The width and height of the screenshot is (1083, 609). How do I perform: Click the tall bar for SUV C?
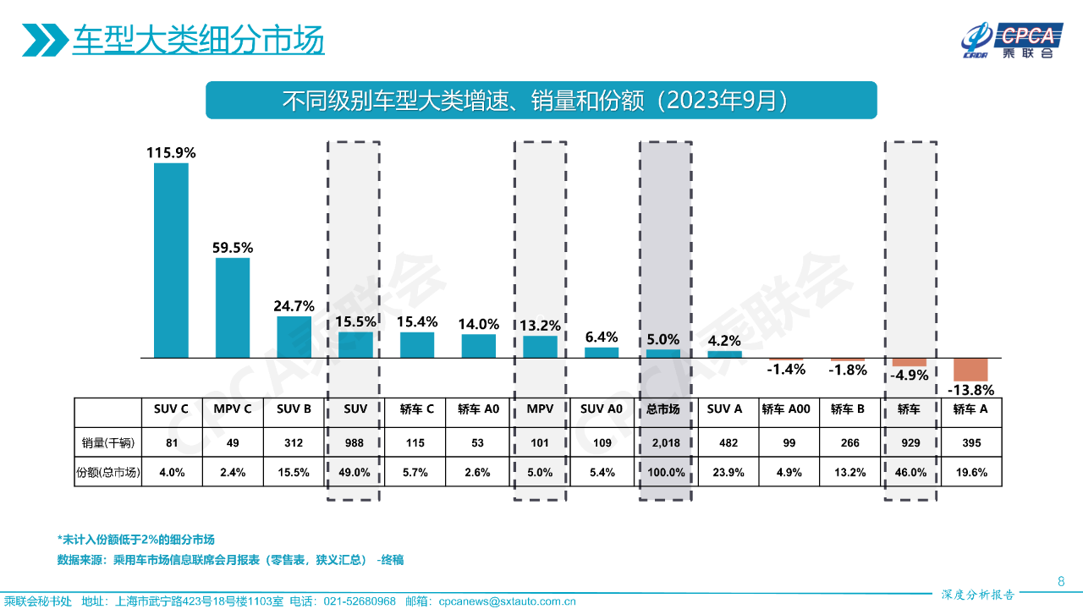pos(171,260)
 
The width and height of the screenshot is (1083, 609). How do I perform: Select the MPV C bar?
pos(233,307)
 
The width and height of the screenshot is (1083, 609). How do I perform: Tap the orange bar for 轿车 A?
pos(970,370)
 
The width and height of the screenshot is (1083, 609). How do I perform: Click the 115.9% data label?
pos(171,153)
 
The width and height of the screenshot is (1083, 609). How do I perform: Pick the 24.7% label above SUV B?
pos(294,306)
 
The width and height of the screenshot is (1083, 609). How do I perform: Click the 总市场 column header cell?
pos(663,409)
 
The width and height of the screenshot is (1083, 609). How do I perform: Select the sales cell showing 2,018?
pos(663,442)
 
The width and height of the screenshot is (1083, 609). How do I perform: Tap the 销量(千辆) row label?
pos(108,442)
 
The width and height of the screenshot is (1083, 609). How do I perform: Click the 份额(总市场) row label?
pos(108,473)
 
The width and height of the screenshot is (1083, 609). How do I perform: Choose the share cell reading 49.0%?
pos(355,473)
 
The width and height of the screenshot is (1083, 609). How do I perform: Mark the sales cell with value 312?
pos(294,442)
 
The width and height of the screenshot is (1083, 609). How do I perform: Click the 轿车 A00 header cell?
pos(786,409)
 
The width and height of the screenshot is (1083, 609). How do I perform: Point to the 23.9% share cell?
pos(725,473)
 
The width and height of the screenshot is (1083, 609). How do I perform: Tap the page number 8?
pos(1061,581)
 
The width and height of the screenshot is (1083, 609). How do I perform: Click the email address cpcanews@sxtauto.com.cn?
pos(507,601)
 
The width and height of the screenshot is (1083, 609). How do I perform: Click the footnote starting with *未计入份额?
pos(136,540)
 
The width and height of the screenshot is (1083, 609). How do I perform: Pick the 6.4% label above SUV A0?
pos(602,337)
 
